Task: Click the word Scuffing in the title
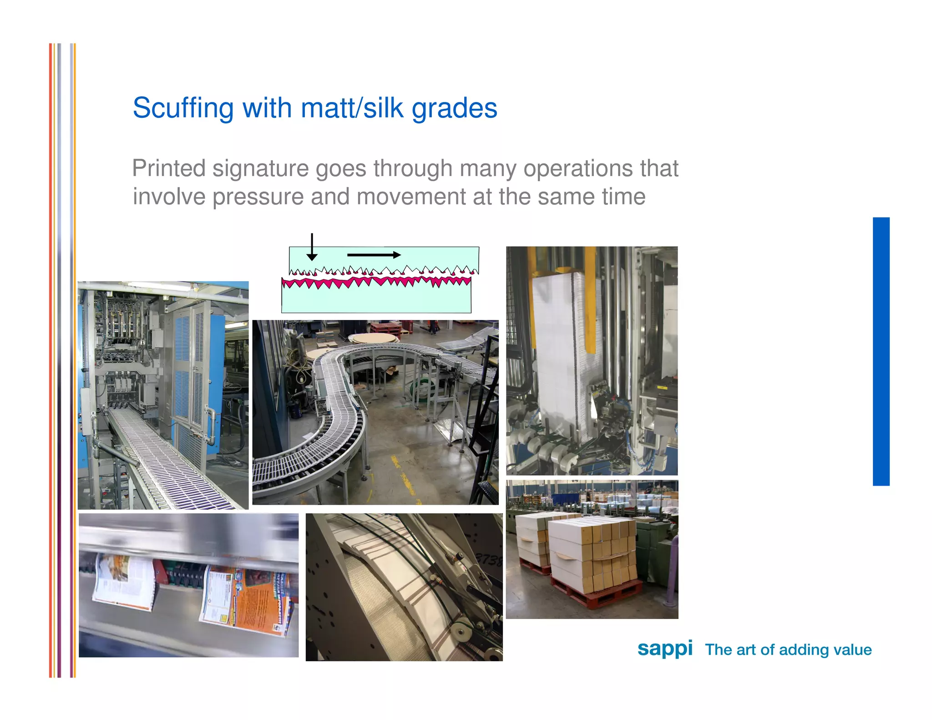(183, 108)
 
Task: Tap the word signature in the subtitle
(261, 168)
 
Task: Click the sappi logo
(664, 648)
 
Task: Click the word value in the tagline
(850, 649)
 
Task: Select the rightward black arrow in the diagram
(374, 255)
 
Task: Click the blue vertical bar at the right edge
(881, 351)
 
